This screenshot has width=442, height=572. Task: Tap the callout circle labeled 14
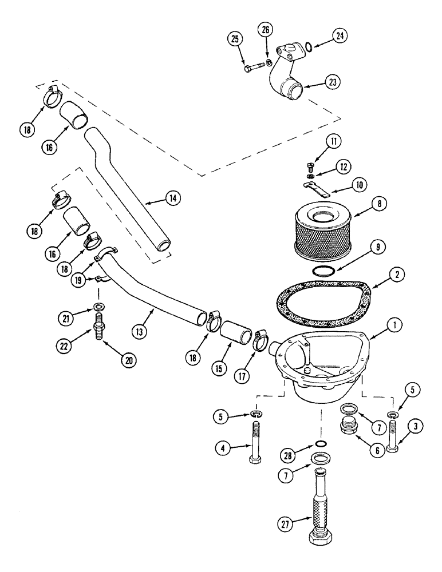coord(172,198)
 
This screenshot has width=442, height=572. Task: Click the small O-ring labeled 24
coord(309,46)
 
